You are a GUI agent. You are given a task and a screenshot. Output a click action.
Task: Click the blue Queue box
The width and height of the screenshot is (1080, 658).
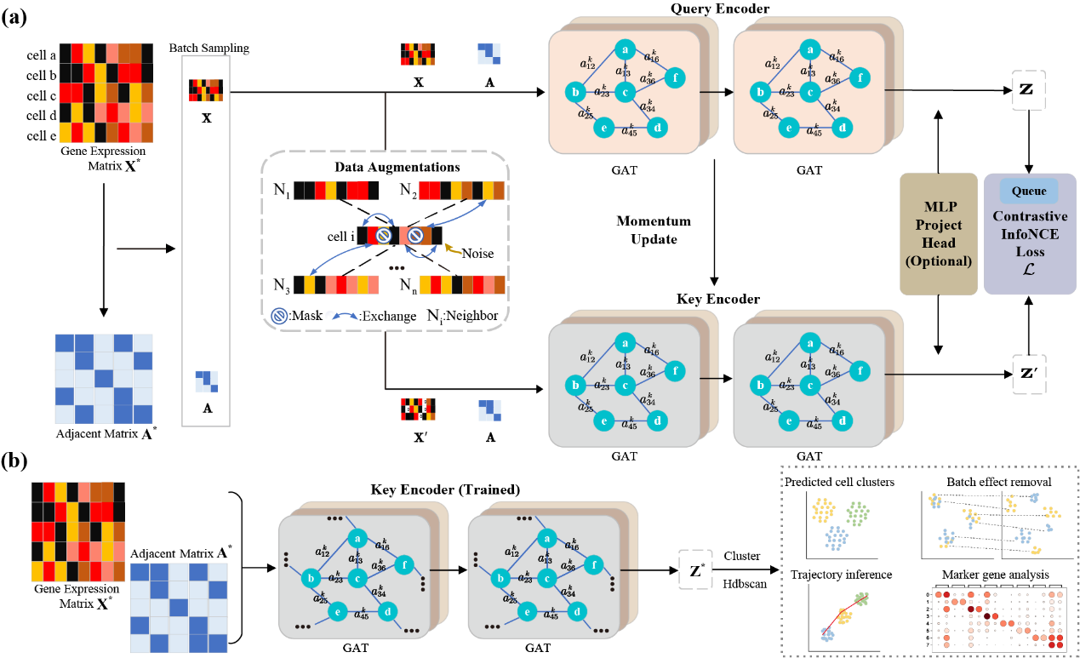1028,192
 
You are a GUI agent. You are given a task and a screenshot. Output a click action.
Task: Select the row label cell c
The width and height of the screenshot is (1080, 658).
43,94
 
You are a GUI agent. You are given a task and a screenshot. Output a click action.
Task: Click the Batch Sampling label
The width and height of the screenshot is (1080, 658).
209,48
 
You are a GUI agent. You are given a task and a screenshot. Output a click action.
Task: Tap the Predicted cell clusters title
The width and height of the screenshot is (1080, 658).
839,483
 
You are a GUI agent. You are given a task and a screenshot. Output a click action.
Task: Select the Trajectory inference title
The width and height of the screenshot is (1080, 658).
842,575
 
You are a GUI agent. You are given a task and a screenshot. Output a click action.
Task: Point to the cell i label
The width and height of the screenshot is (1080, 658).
340,236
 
